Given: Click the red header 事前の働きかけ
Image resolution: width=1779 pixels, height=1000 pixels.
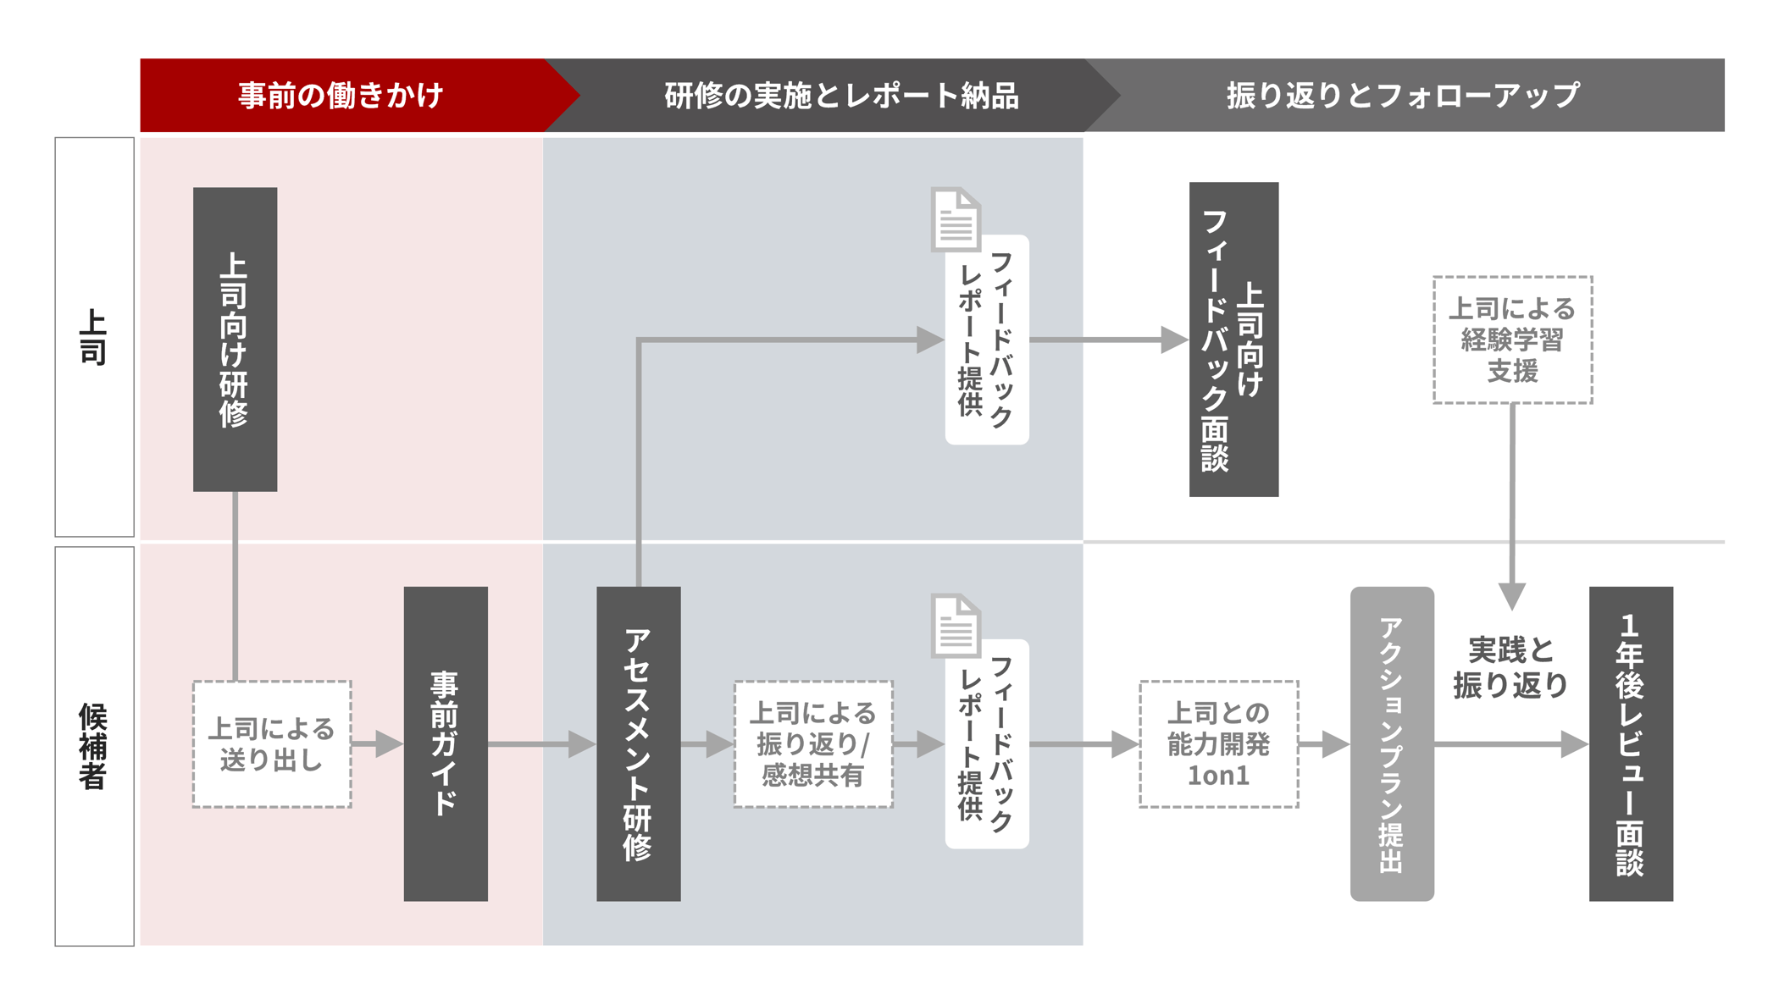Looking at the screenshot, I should [x=341, y=95].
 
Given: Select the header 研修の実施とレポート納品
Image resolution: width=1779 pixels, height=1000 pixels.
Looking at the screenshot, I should [x=840, y=95].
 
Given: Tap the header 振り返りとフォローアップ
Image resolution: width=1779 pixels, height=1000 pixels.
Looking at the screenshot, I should [x=1403, y=95].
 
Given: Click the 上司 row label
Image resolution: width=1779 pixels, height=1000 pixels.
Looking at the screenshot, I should [x=94, y=337].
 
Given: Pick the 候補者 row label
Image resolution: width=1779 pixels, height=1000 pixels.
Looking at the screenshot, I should [x=94, y=746].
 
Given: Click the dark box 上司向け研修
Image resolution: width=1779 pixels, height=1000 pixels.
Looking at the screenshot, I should [x=235, y=339].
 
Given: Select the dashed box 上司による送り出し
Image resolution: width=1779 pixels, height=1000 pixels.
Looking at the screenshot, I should [x=272, y=744].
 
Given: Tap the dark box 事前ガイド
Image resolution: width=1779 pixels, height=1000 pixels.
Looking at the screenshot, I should [x=446, y=743].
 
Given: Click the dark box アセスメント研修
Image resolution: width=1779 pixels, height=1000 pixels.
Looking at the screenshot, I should [x=638, y=743].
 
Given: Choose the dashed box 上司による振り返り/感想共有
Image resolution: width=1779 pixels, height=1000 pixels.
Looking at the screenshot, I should [x=813, y=744].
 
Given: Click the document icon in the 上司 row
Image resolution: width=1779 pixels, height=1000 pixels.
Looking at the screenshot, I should [x=956, y=219].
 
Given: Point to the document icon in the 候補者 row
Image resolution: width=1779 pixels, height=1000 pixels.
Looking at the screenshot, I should [x=956, y=626].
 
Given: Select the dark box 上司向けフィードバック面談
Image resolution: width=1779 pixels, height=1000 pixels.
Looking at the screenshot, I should [x=1233, y=339].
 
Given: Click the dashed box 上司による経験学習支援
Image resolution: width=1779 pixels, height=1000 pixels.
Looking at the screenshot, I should [x=1512, y=340].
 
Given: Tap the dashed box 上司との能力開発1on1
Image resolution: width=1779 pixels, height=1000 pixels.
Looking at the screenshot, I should [x=1218, y=744].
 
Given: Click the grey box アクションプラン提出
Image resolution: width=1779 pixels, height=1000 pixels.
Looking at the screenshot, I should [x=1392, y=743].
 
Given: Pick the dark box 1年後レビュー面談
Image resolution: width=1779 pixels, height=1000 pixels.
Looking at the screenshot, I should [x=1631, y=743].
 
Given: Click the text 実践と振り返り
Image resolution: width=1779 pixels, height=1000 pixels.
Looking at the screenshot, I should [x=1511, y=667].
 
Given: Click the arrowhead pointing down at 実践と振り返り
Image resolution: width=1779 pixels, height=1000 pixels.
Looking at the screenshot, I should [x=1512, y=595].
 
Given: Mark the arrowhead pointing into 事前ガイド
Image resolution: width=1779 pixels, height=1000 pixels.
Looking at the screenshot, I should [x=389, y=744].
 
